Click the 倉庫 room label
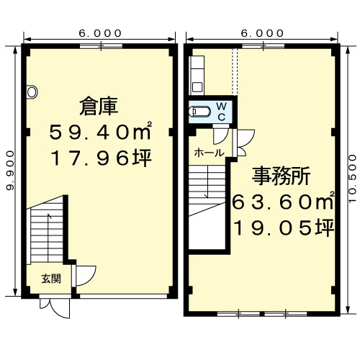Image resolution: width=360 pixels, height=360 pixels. pyautogui.click(x=99, y=106)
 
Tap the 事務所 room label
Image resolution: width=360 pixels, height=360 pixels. pyautogui.click(x=281, y=176)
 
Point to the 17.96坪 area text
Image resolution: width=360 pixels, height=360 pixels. pyautogui.click(x=101, y=158)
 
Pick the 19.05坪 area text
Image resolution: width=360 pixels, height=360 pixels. pyautogui.click(x=284, y=228)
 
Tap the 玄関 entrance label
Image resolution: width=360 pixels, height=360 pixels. pyautogui.click(x=51, y=279)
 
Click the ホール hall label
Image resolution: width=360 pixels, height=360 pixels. pyautogui.click(x=209, y=153)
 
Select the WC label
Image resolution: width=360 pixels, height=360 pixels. pyautogui.click(x=221, y=112)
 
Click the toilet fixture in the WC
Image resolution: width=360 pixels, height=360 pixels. pyautogui.click(x=199, y=112)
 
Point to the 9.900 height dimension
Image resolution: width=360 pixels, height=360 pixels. pyautogui.click(x=10, y=171)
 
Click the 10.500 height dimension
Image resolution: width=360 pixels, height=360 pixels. pyautogui.click(x=353, y=179)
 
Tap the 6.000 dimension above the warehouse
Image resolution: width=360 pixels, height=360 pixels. pyautogui.click(x=100, y=33)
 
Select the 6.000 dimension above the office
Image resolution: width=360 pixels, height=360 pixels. pyautogui.click(x=262, y=33)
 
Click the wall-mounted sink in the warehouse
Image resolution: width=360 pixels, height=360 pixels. pyautogui.click(x=32, y=92)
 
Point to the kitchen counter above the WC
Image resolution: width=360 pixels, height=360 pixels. pyautogui.click(x=197, y=76)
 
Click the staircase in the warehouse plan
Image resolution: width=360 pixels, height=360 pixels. pyautogui.click(x=47, y=231)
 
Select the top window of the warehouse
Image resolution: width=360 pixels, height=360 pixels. pyautogui.click(x=101, y=46)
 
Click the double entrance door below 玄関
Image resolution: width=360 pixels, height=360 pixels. pyautogui.click(x=55, y=308)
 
